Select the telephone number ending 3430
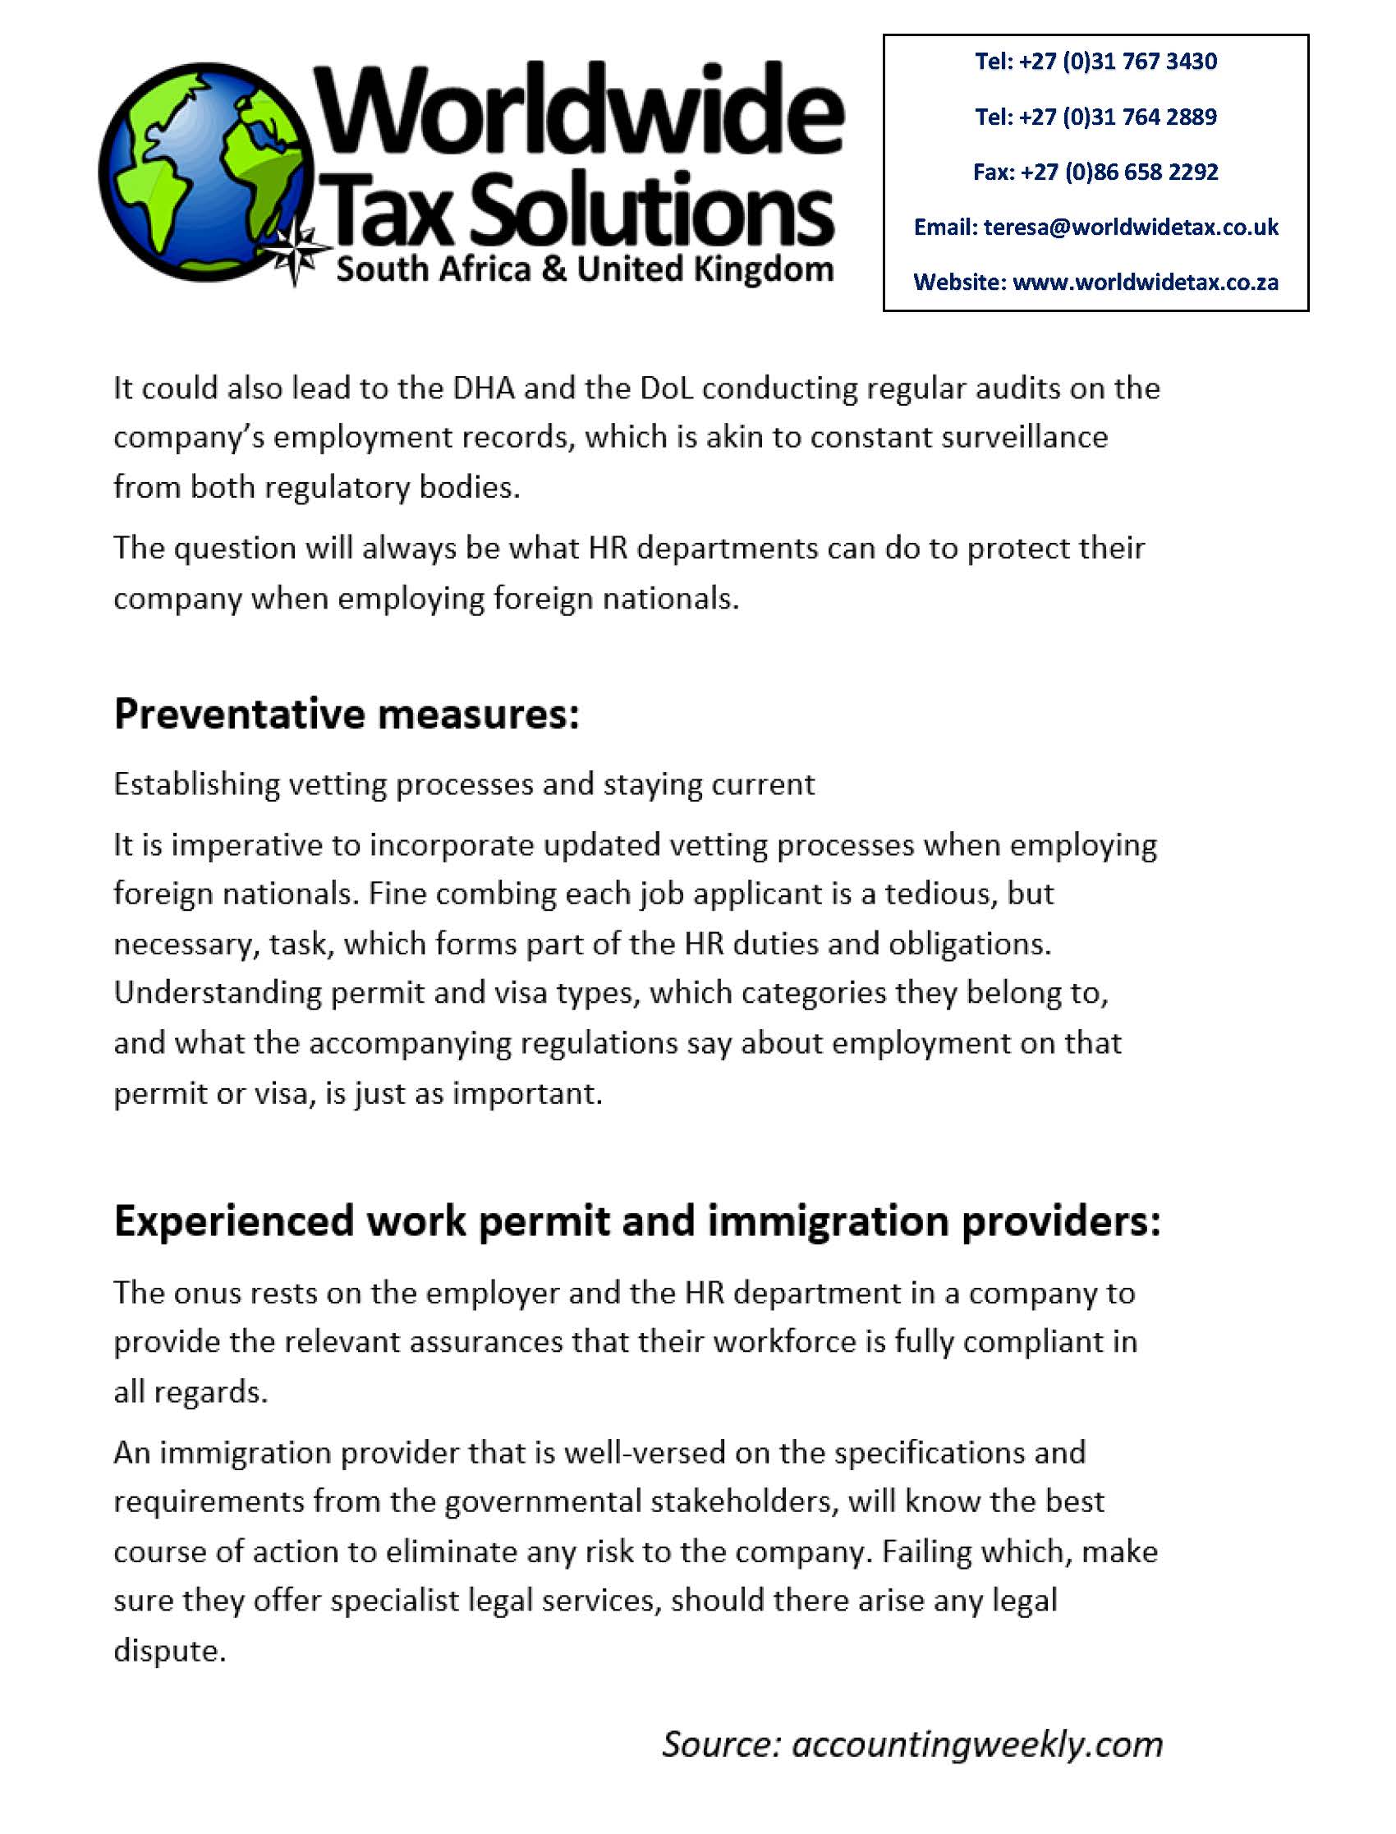pyautogui.click(x=1096, y=62)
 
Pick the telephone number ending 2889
pyautogui.click(x=1096, y=117)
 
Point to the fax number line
pyautogui.click(x=1096, y=172)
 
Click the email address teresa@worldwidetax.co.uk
pyautogui.click(x=1131, y=227)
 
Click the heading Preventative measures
pyautogui.click(x=346, y=714)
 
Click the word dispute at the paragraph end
pyautogui.click(x=169, y=1649)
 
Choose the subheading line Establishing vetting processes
pyautogui.click(x=464, y=784)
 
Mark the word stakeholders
pyautogui.click(x=741, y=1501)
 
